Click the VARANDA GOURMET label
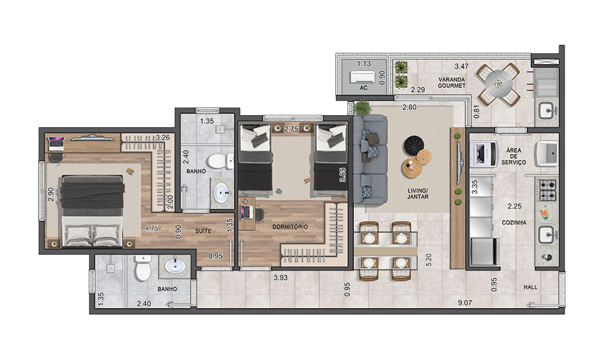tap(451, 83)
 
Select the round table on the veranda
tap(498, 84)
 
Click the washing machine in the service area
tap(483, 154)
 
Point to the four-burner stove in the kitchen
tap(547, 191)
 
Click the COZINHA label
tap(514, 222)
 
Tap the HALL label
tap(531, 287)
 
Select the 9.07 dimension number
tap(465, 303)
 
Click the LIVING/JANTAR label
tap(417, 193)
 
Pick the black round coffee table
tap(413, 145)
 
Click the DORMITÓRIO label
tap(290, 227)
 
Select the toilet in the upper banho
tap(219, 161)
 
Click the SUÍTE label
tap(203, 231)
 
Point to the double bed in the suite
tap(92, 211)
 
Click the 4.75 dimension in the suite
tap(151, 228)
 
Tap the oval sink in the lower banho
tap(175, 266)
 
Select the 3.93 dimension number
tap(281, 278)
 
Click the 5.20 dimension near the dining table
tap(429, 260)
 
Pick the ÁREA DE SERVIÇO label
tap(513, 156)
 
